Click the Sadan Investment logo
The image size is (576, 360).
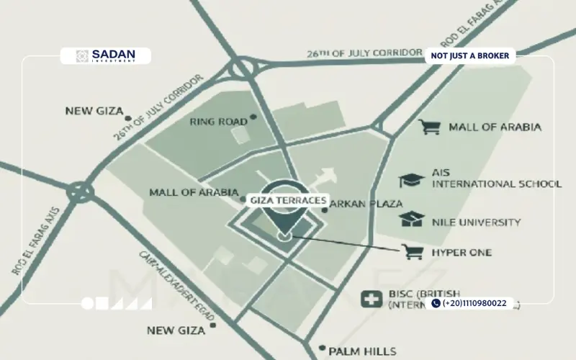tap(105, 56)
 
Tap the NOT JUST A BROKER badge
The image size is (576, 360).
tap(469, 55)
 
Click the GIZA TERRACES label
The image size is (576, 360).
tap(288, 200)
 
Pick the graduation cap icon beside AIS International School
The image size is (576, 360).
tap(411, 180)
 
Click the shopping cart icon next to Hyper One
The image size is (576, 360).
tap(412, 252)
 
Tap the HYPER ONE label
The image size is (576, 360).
tap(462, 253)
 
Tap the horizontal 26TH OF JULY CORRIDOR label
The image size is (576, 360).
tap(364, 53)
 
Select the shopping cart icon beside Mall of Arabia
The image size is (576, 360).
tap(431, 127)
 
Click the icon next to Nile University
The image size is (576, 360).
tap(411, 219)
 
